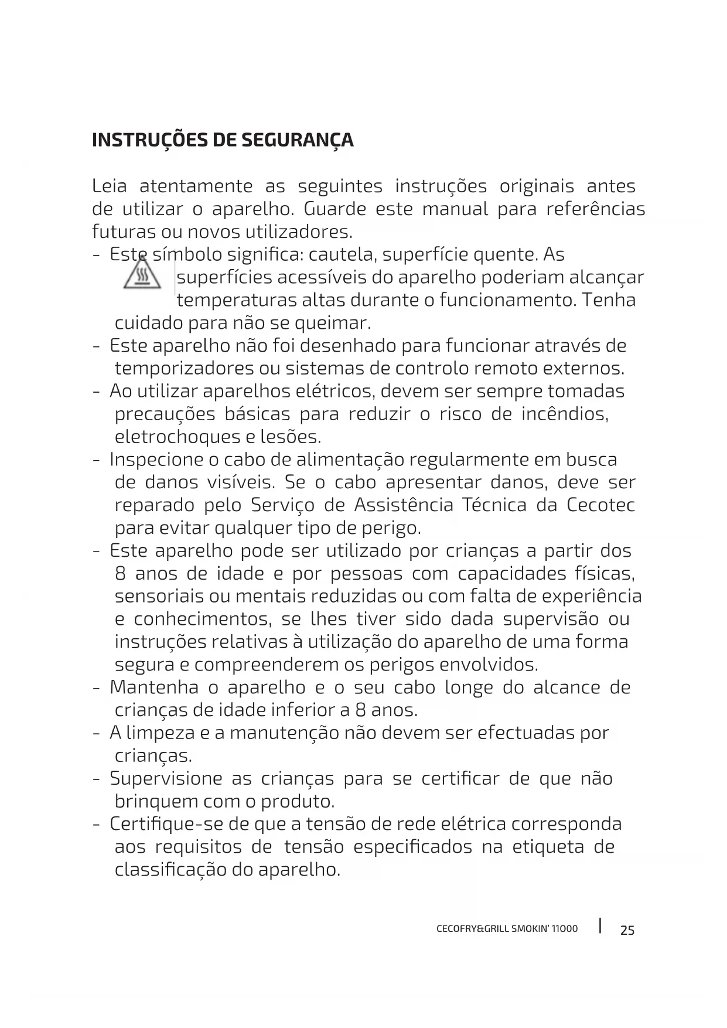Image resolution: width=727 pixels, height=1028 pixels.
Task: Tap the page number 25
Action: pyautogui.click(x=627, y=930)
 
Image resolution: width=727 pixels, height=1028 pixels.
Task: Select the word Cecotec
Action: pyautogui.click(x=600, y=505)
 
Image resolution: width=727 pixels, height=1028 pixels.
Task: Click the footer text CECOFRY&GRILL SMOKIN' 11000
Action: pyautogui.click(x=507, y=929)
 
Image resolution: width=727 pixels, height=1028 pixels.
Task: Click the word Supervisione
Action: pyautogui.click(x=166, y=779)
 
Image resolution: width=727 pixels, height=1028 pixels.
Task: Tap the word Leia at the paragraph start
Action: pyautogui.click(x=109, y=186)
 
